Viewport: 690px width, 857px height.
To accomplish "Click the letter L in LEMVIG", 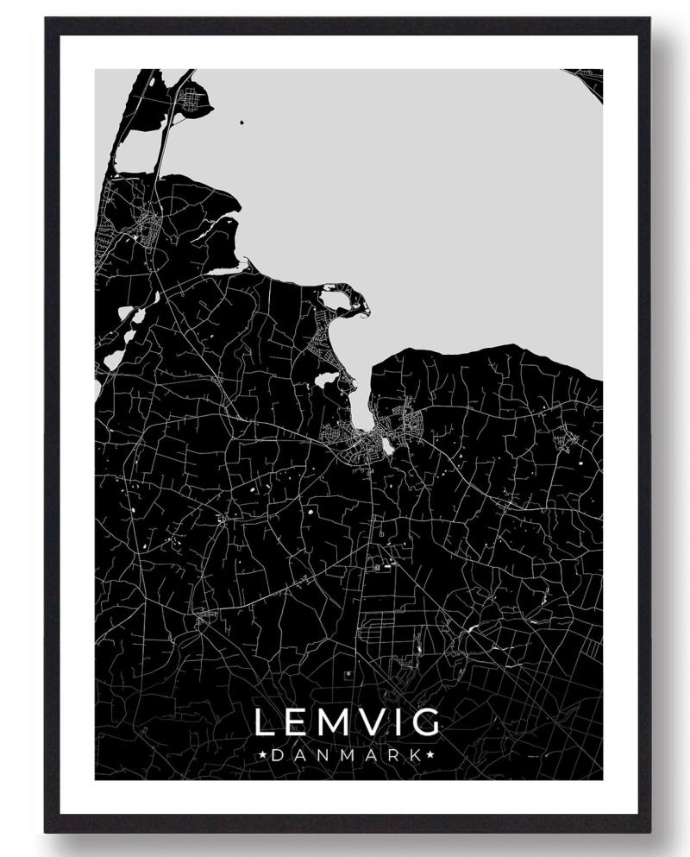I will point(264,723).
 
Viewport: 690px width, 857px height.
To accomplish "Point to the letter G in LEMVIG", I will point(426,723).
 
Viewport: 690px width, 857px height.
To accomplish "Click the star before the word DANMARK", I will point(262,755).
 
